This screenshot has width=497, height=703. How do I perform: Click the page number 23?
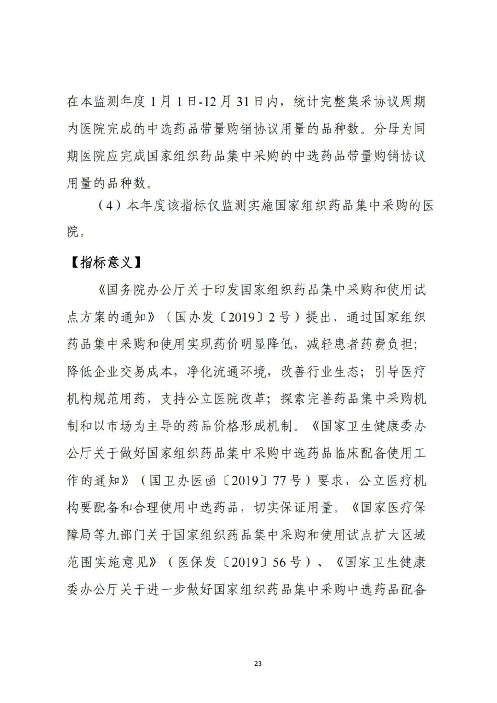click(x=258, y=663)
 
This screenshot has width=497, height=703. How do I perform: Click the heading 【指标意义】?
click(x=105, y=263)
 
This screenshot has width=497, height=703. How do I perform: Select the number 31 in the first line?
click(x=243, y=101)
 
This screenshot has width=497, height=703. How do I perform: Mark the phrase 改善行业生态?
click(x=319, y=372)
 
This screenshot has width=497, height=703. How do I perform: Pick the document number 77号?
click(x=287, y=481)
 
